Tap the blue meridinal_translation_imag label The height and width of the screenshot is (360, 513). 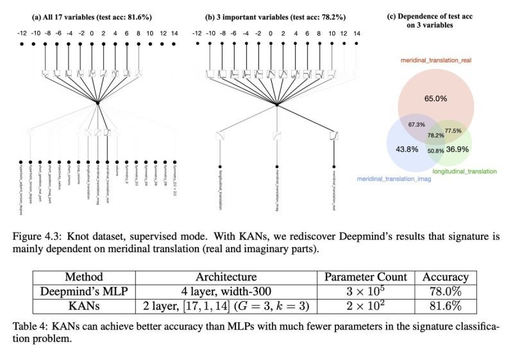[x=394, y=178]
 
